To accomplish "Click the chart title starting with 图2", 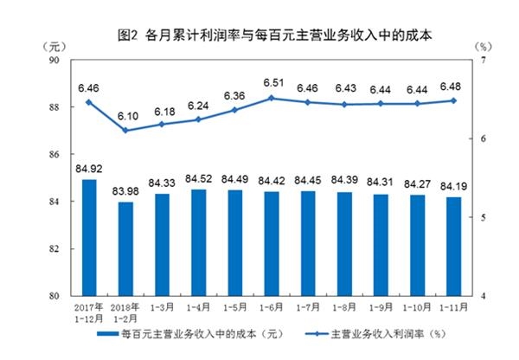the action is point(275,35).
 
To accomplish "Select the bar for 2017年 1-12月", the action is point(89,237).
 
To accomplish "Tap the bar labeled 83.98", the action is point(125,248).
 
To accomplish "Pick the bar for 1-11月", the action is point(453,247).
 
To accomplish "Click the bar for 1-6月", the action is point(272,244).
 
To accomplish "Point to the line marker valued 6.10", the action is point(125,131).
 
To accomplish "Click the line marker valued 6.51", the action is point(272,98).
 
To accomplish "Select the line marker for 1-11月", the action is point(453,100).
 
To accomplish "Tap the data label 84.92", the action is point(89,169).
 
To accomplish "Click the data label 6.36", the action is point(234,96).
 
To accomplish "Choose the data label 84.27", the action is point(417,183).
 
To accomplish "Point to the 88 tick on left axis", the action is point(54,107).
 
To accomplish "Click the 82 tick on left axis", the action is point(54,249).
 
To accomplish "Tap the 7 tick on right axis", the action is point(484,61).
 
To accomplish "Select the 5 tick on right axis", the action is point(484,217).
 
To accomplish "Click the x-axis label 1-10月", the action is point(417,308).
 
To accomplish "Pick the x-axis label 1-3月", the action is point(162,308).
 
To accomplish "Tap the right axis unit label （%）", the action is point(484,47).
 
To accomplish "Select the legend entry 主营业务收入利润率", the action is point(375,333).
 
